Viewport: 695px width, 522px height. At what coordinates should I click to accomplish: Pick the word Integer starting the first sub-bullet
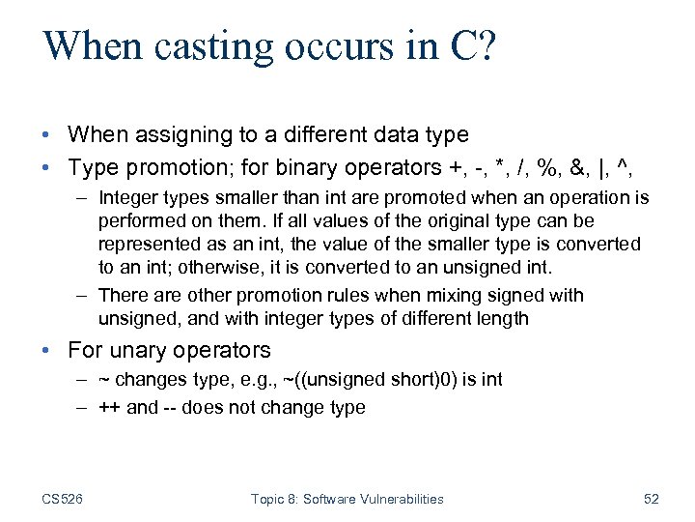click(x=128, y=198)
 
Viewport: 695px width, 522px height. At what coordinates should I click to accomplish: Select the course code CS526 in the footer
click(x=62, y=499)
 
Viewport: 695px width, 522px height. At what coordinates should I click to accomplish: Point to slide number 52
click(x=651, y=499)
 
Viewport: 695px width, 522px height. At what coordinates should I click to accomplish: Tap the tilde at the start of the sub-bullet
click(x=103, y=380)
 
